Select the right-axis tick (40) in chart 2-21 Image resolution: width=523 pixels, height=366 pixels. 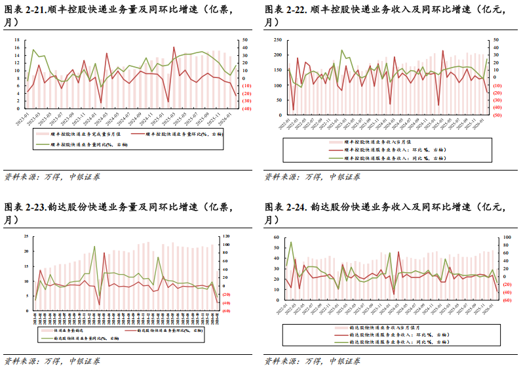pos(248,109)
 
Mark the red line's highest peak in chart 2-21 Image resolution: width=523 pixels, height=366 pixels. pos(174,47)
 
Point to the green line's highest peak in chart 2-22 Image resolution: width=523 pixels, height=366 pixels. pos(341,50)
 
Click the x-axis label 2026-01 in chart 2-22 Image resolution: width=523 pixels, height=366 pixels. pos(483,125)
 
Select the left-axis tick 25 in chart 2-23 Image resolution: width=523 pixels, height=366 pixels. pos(26,236)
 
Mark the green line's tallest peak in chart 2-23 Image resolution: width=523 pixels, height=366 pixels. pos(94,247)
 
